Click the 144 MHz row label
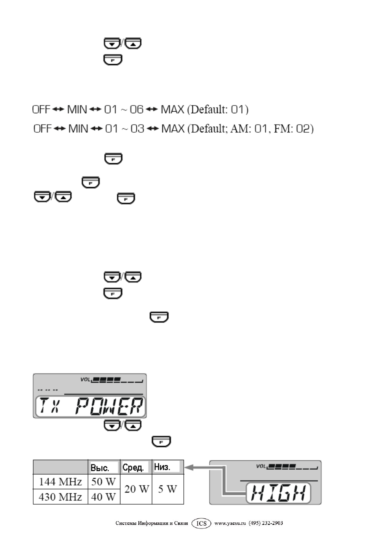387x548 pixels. (60, 482)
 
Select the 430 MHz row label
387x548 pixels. (60, 497)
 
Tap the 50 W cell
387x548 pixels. (103, 482)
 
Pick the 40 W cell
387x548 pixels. (103, 497)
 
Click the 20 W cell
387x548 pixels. (137, 489)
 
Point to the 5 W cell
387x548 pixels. (168, 489)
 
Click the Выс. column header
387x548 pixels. (100, 468)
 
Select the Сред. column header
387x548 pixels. (133, 467)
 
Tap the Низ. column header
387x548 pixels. (162, 467)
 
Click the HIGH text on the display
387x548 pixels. (278, 493)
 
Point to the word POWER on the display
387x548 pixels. (109, 406)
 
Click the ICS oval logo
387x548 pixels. (201, 523)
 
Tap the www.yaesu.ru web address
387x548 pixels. (230, 523)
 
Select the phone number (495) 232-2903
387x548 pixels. (266, 523)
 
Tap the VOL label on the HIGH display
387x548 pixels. (260, 466)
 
